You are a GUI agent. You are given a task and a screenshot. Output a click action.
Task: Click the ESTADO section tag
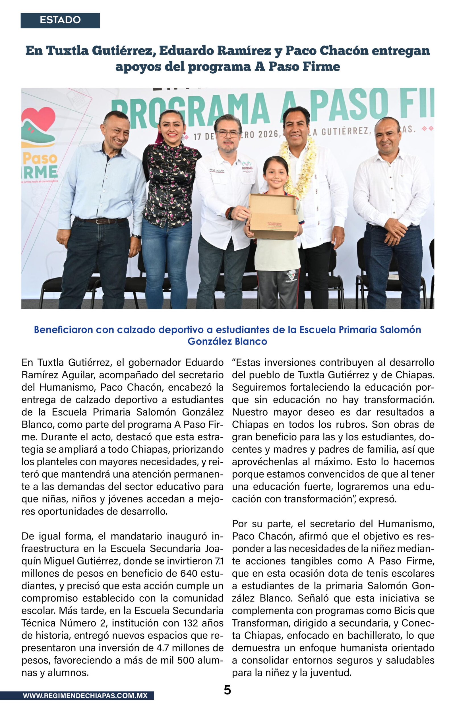[x=60, y=20]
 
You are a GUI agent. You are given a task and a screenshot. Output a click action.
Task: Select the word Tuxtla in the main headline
[x=67, y=51]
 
